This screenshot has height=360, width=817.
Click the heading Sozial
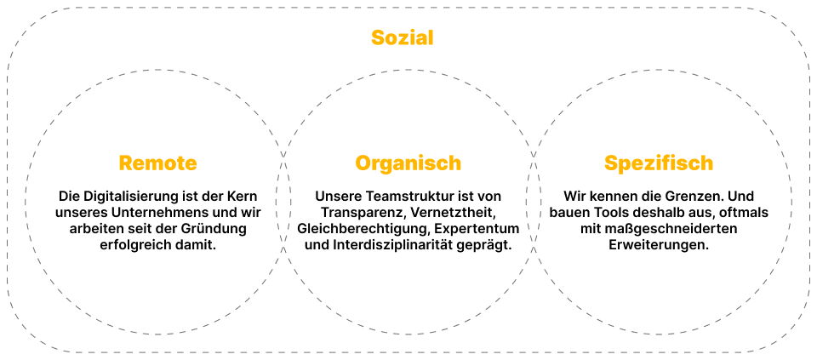[x=402, y=38]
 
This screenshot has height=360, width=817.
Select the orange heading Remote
[x=158, y=163]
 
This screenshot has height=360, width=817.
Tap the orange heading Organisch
[x=408, y=163]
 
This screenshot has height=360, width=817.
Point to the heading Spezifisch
[x=659, y=163]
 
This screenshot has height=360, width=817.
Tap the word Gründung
[x=217, y=229]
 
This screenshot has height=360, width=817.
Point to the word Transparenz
[x=361, y=213]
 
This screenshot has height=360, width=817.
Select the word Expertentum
[x=477, y=229]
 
